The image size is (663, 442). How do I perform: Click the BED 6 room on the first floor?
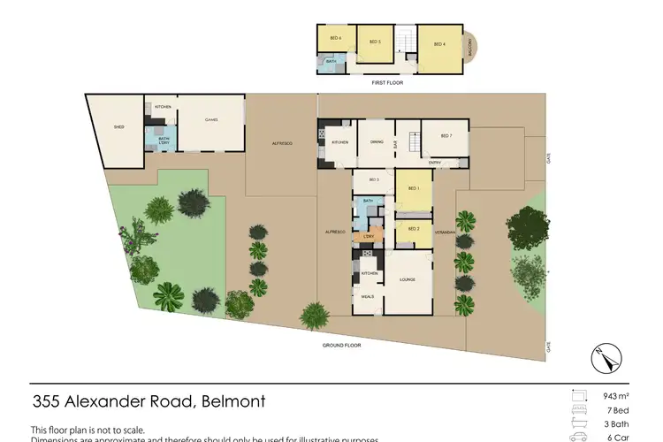tap(336, 40)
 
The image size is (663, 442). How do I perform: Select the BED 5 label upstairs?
tap(374, 42)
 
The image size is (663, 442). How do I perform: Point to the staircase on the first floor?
tap(407, 42)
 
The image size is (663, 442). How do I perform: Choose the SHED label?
tap(118, 127)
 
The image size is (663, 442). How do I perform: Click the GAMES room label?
tap(211, 120)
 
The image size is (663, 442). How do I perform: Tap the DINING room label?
tap(377, 141)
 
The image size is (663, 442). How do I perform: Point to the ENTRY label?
tap(435, 163)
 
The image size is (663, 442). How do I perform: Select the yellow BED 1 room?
tap(413, 190)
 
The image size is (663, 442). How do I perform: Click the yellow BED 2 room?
tap(413, 229)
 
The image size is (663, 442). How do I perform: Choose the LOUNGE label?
tap(408, 279)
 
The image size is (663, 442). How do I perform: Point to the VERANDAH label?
tap(444, 232)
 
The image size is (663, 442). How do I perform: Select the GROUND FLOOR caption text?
tap(341, 345)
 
